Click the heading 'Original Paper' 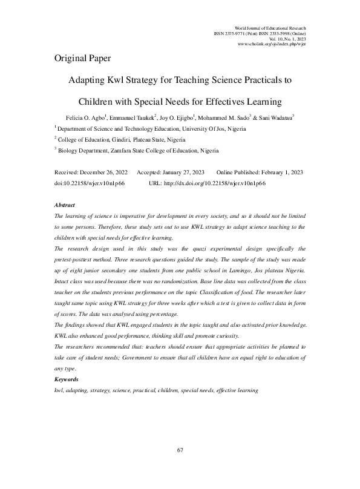click(82, 59)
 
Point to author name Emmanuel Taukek click(132, 117)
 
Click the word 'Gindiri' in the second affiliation click(124, 139)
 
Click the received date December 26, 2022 click(102, 172)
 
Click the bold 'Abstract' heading click(65, 205)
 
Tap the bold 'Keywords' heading click(66, 379)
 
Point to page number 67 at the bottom click(180, 450)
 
